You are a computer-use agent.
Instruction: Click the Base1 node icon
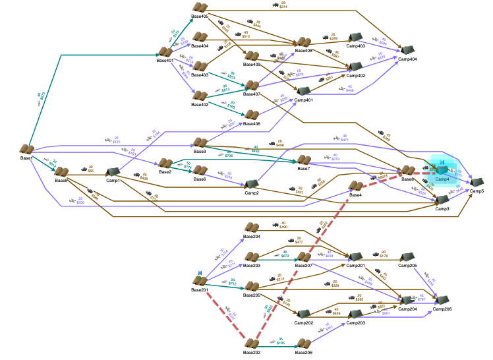(x=27, y=150)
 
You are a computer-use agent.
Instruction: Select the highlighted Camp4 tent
(x=442, y=170)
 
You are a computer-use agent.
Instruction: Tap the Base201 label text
(x=200, y=289)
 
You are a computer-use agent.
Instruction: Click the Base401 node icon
(x=165, y=52)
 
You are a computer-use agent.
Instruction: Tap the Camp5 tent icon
(x=477, y=182)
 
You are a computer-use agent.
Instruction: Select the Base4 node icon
(x=356, y=187)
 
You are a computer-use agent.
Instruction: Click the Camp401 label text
(x=304, y=100)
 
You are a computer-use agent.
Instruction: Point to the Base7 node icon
(x=304, y=160)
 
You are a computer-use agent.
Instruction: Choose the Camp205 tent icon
(x=408, y=257)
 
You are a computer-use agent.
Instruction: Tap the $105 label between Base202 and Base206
(x=281, y=342)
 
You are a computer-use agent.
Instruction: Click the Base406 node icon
(x=252, y=115)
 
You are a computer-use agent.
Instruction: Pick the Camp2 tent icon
(x=251, y=185)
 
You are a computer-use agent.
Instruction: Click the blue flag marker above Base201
(x=198, y=273)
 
